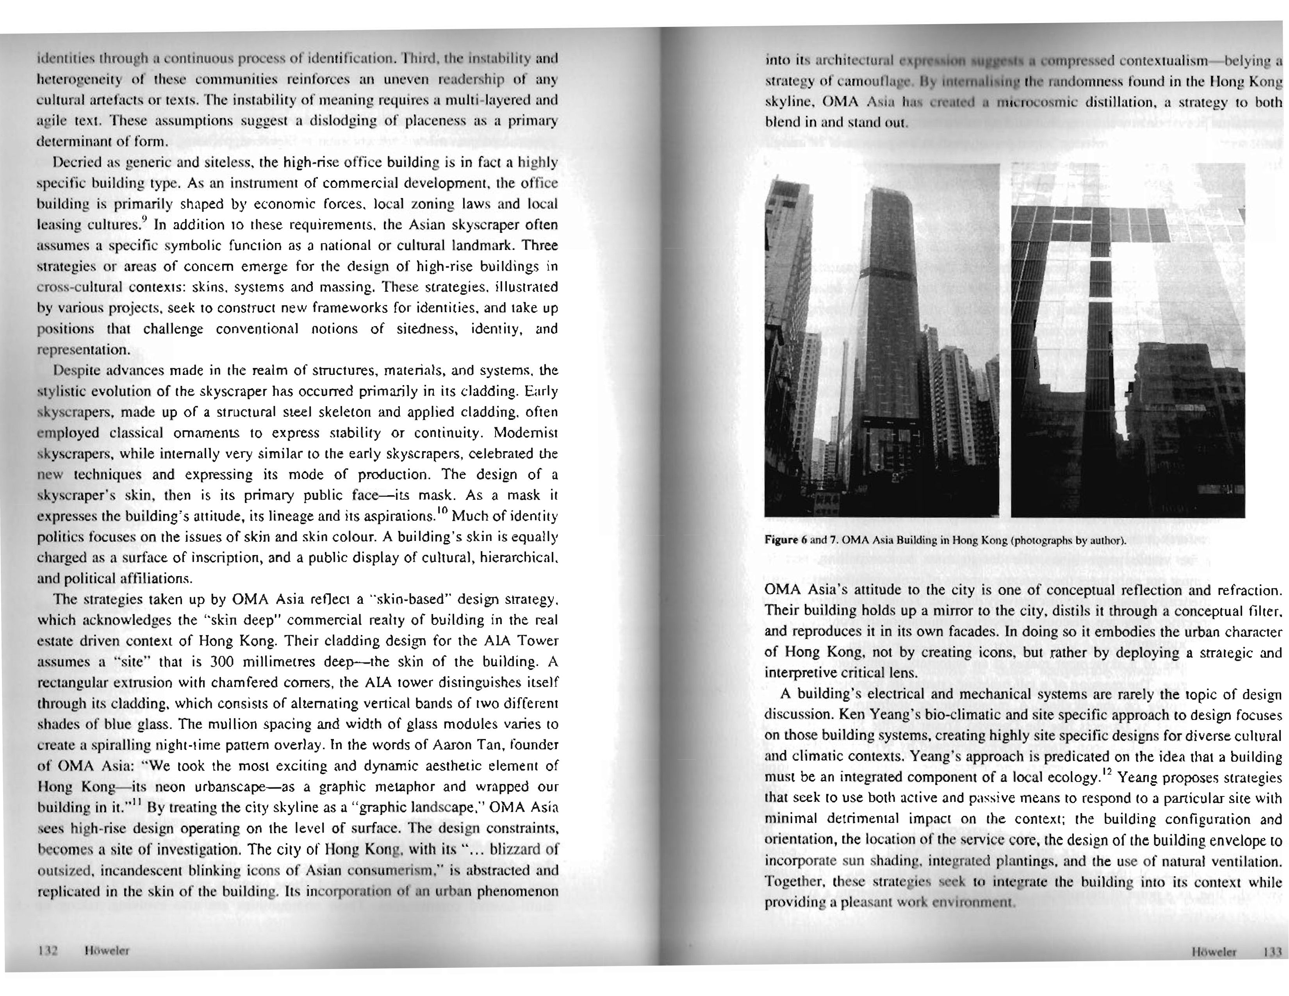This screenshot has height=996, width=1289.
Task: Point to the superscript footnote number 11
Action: pyautogui.click(x=135, y=803)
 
